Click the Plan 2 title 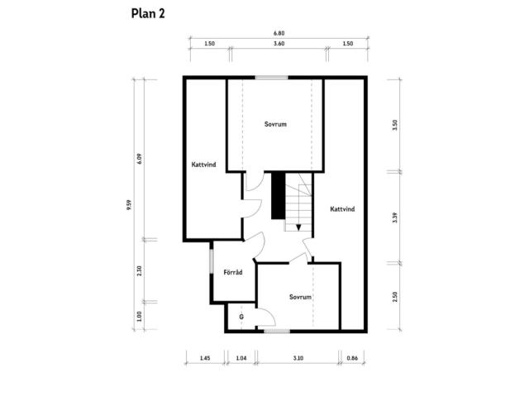click(148, 14)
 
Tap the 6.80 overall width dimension click(279, 33)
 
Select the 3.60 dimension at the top click(279, 44)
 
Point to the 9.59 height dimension click(129, 205)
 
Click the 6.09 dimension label click(140, 159)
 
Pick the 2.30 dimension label click(140, 270)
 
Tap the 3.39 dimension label click(395, 218)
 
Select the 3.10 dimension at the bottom click(298, 358)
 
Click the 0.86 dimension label click(352, 358)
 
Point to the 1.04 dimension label click(241, 358)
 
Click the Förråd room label click(233, 272)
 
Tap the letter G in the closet click(241, 317)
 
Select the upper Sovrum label click(275, 124)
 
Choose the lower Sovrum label click(300, 297)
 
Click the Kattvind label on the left click(203, 165)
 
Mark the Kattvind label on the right click(342, 209)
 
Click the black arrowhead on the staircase click(298, 228)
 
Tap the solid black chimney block click(279, 196)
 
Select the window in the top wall click(272, 78)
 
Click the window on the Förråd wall click(212, 261)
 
